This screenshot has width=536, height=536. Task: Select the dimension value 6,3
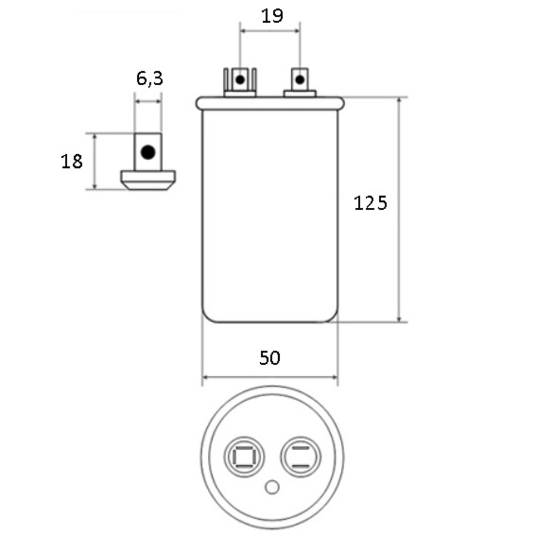[149, 79]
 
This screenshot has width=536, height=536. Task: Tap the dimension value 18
[72, 161]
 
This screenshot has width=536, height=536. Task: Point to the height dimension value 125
[370, 203]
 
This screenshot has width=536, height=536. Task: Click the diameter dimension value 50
[270, 358]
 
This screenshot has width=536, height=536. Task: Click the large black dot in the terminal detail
[148, 152]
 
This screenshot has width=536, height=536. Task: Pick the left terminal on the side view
[240, 82]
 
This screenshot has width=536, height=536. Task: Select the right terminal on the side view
[300, 82]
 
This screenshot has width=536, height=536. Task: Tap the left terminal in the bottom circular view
[243, 458]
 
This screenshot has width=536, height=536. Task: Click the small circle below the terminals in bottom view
[272, 488]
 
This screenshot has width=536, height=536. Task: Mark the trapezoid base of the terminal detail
[148, 179]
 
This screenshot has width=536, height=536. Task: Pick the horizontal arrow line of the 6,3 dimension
[148, 102]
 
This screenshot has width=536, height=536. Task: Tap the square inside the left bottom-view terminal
[243, 458]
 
